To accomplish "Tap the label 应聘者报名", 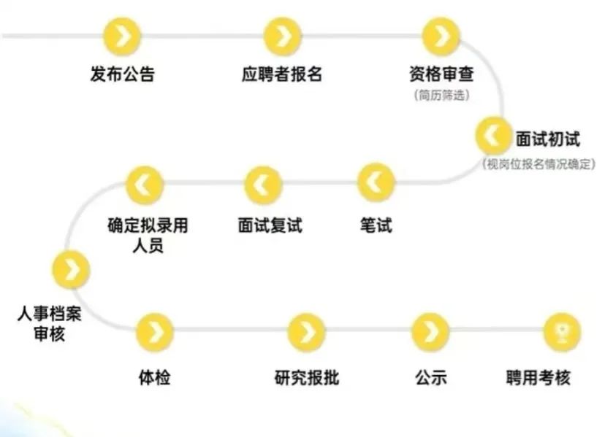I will (x=281, y=74).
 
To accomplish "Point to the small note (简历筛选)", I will (x=441, y=95).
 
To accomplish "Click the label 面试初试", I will (x=547, y=139).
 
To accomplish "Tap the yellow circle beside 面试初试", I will (x=494, y=135).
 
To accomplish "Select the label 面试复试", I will (x=270, y=225).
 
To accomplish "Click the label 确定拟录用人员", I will (x=147, y=235).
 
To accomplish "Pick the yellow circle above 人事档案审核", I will (x=71, y=269).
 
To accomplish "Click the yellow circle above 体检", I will (x=155, y=333).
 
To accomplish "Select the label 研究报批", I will (x=307, y=378).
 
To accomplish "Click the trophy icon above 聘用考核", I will (x=562, y=333).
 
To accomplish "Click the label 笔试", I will (x=376, y=225).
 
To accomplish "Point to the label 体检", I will (x=155, y=378).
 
